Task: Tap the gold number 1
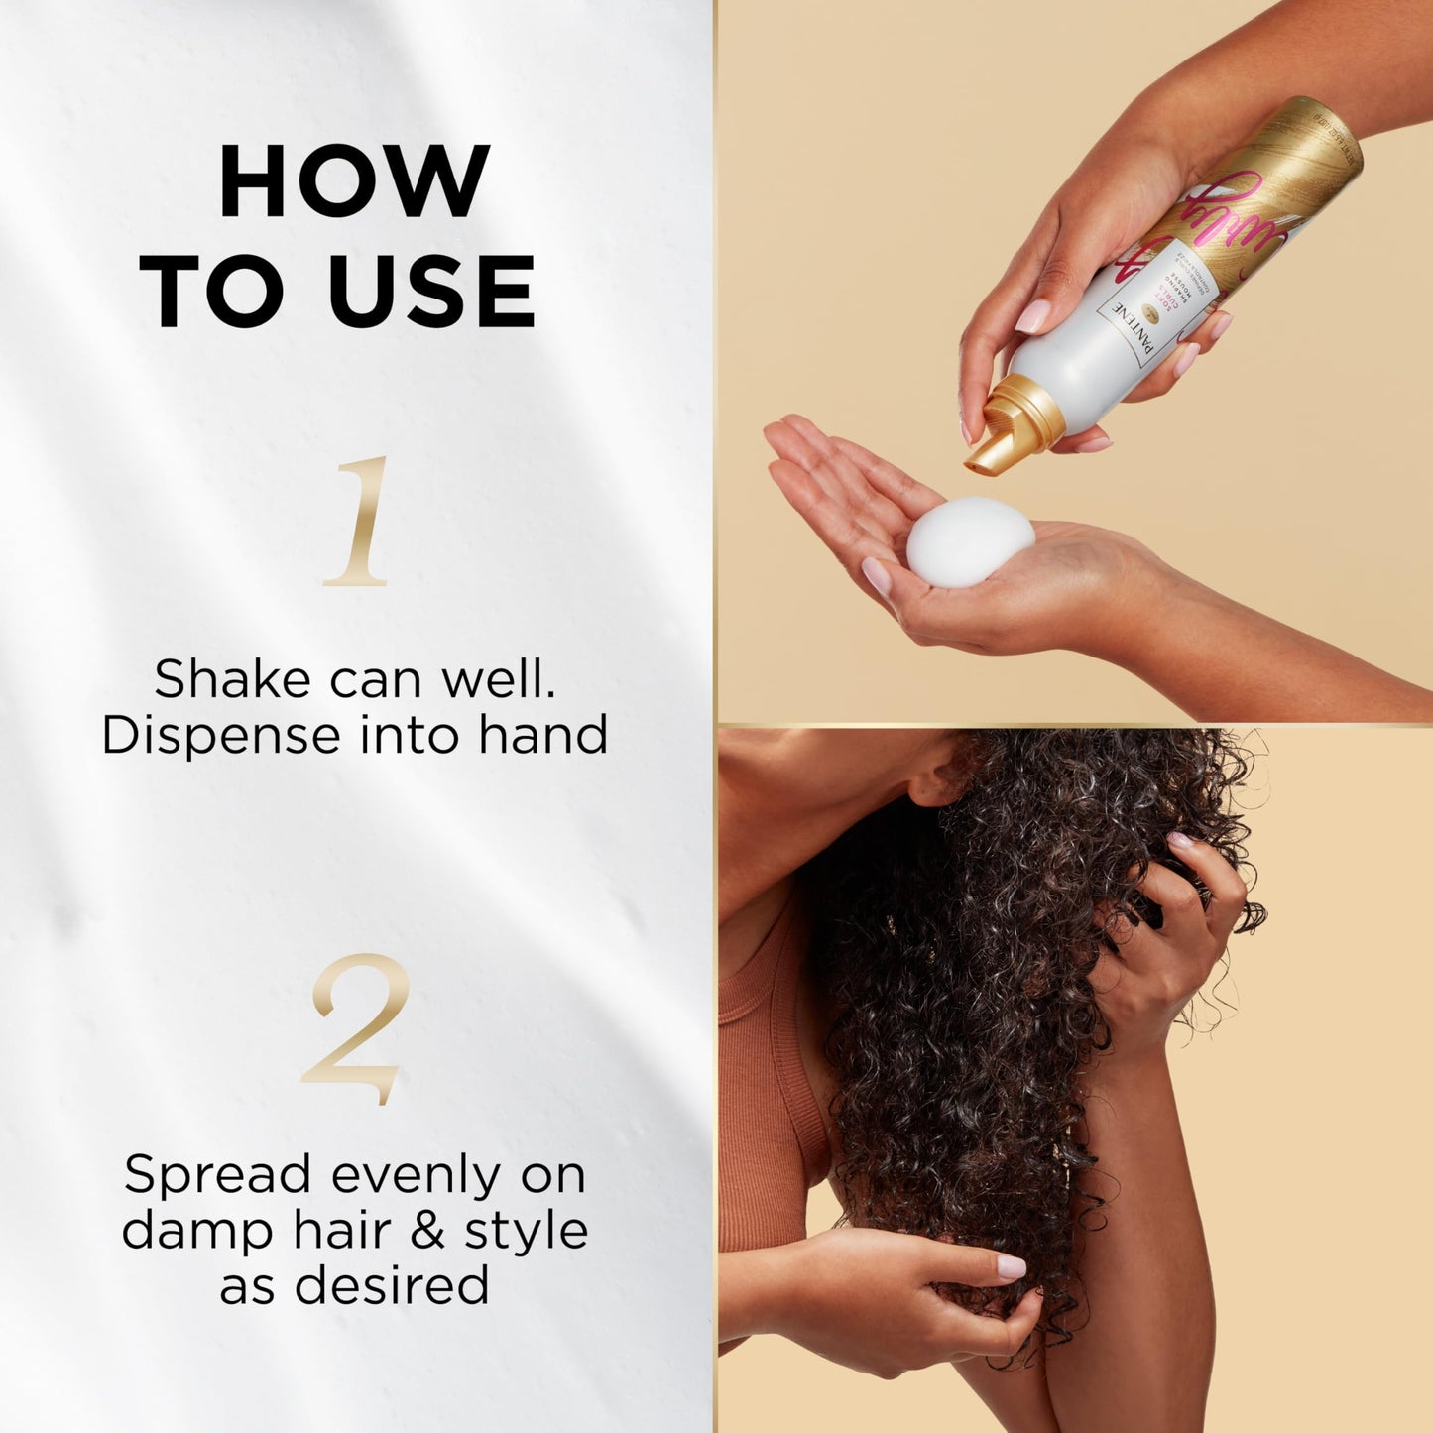point(356,522)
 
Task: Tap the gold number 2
point(355,1028)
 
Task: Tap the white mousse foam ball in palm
point(970,542)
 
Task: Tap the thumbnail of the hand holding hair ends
point(1010,1266)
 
